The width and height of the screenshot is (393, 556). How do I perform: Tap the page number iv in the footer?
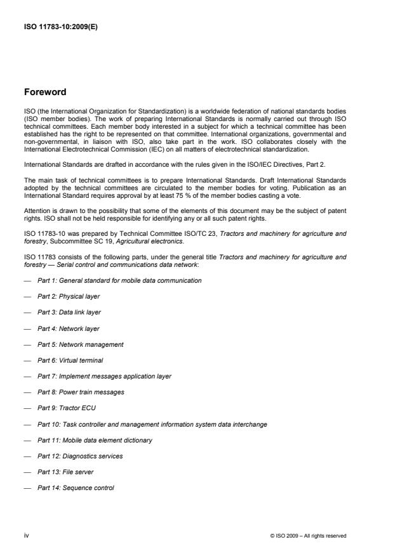(x=27, y=535)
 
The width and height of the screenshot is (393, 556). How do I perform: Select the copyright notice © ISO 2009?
(x=308, y=536)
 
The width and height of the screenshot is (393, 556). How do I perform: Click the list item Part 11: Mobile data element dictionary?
(x=95, y=440)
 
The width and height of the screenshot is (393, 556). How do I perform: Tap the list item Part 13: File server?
(x=66, y=472)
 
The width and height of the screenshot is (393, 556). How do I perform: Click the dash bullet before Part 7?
(x=27, y=377)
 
